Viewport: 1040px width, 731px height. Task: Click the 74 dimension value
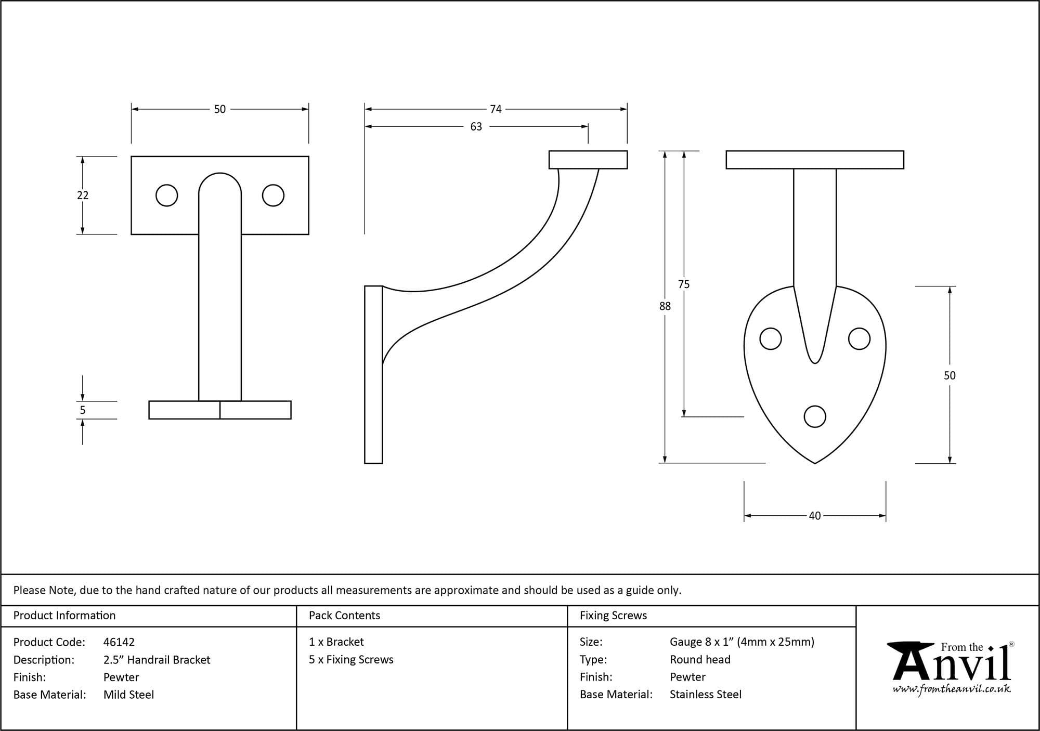click(496, 109)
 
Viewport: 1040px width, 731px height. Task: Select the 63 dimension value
click(476, 127)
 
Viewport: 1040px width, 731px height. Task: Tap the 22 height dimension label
click(83, 195)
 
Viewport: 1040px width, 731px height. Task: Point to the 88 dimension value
click(665, 306)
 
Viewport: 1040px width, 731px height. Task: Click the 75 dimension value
click(684, 284)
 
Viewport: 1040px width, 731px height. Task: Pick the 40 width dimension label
click(814, 516)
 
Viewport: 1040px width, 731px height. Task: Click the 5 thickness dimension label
click(83, 410)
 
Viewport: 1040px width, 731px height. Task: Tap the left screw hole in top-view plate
click(167, 195)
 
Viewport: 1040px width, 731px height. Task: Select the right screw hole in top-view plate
click(273, 195)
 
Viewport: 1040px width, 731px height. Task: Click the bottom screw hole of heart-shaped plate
click(814, 416)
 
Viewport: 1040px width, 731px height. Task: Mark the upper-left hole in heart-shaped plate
click(770, 339)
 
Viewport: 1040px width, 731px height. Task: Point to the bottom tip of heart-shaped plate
click(814, 462)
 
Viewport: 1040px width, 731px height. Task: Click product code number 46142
click(119, 642)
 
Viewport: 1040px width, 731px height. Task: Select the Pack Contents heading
click(344, 616)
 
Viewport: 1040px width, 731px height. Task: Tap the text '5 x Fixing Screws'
click(351, 660)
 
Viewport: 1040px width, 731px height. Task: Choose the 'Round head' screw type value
click(700, 660)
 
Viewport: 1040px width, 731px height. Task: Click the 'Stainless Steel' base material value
click(705, 695)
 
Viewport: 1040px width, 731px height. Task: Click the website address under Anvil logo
click(952, 689)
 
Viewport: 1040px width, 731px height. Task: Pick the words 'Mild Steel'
click(128, 695)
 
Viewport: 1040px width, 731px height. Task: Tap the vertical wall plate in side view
click(373, 374)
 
